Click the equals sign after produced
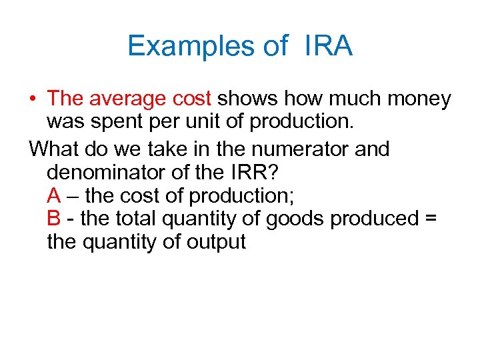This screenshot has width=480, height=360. [429, 219]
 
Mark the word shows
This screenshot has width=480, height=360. [247, 99]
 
